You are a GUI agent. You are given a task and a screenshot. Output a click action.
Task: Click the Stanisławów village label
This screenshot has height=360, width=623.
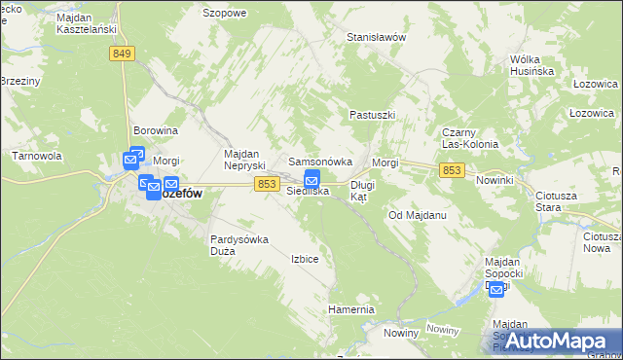tap(376, 37)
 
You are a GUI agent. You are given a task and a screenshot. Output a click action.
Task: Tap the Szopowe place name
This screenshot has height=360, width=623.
tap(224, 13)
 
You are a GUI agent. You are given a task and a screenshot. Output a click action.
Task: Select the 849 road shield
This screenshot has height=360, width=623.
tap(122, 54)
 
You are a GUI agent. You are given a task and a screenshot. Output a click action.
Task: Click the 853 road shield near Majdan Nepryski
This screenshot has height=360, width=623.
tap(268, 184)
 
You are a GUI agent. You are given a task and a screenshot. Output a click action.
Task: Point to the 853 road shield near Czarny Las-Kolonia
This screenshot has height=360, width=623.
tap(451, 170)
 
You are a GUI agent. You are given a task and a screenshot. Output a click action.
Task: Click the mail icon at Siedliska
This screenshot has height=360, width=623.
tap(312, 179)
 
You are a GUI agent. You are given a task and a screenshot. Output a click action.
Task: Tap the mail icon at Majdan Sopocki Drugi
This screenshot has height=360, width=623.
tap(496, 289)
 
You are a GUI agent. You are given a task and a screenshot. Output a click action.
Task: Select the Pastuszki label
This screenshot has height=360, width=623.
tap(372, 115)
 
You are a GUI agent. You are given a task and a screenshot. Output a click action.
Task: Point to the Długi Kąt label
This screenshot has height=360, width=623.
tap(362, 190)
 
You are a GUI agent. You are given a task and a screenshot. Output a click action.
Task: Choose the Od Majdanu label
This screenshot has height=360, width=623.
tap(417, 214)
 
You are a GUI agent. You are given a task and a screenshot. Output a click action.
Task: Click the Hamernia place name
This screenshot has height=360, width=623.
tap(351, 309)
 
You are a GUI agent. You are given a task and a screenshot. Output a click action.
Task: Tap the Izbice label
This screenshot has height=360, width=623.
tap(305, 259)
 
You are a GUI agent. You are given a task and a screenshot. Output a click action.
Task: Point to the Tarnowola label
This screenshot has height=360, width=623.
tap(36, 156)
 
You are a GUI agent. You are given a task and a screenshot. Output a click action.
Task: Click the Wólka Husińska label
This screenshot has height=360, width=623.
tap(531, 65)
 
